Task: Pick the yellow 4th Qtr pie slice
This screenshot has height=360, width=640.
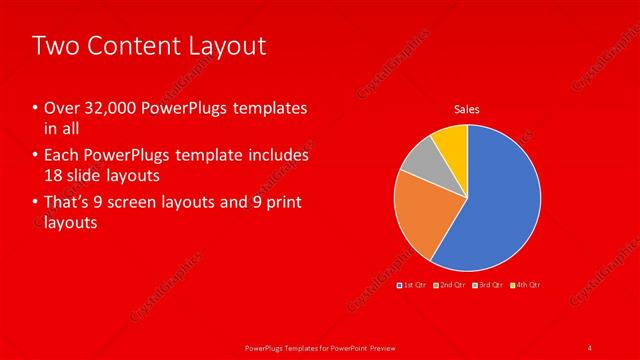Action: (452, 142)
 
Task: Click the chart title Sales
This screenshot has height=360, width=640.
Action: (467, 109)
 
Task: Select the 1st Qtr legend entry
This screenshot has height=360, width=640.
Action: (415, 285)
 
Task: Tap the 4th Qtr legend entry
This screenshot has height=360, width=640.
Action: (526, 285)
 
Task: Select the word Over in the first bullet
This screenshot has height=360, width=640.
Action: (59, 108)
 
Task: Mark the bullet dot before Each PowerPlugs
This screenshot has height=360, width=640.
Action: (36, 156)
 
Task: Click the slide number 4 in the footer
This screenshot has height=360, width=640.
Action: (590, 347)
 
